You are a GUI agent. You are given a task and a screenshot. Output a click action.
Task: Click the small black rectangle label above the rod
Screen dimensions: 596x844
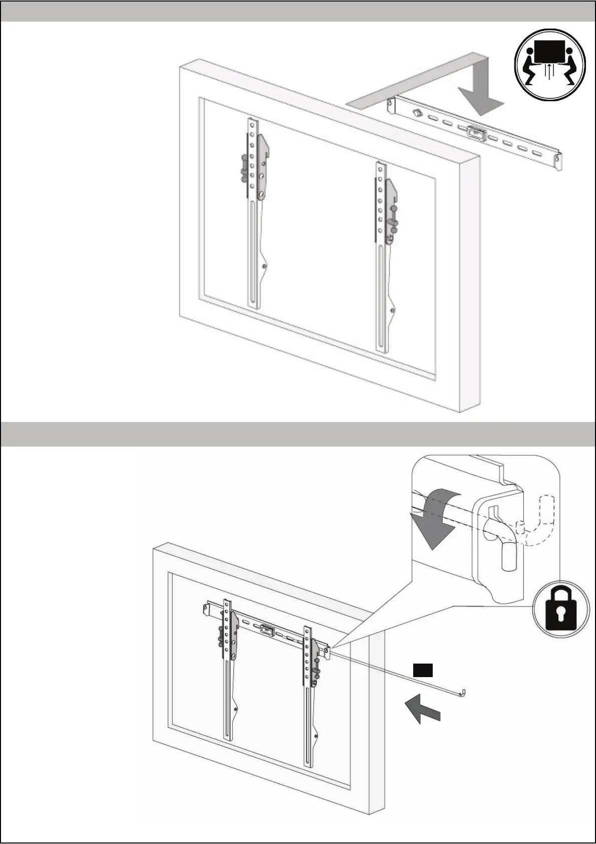click(x=422, y=670)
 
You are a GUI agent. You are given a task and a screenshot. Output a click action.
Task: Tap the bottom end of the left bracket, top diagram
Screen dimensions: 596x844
click(x=254, y=304)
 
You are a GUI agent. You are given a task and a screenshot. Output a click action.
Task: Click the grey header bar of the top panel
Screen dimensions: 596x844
click(x=297, y=11)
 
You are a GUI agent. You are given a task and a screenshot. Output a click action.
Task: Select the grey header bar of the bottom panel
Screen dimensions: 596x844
click(x=297, y=434)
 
